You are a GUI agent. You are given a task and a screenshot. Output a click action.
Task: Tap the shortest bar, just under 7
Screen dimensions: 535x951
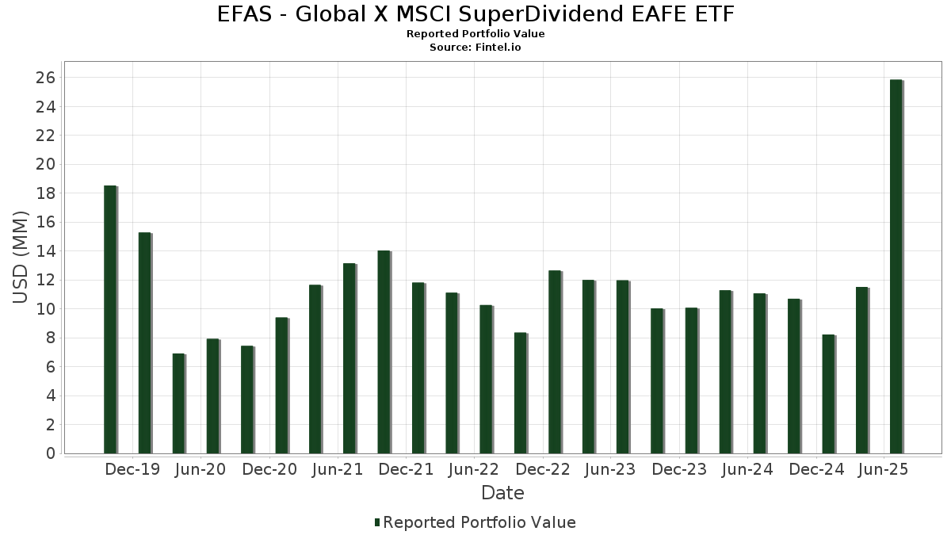(x=178, y=403)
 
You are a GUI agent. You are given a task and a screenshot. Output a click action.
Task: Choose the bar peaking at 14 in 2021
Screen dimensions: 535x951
(x=384, y=352)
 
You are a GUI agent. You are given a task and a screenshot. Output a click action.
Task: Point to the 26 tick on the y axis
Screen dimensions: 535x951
(x=44, y=78)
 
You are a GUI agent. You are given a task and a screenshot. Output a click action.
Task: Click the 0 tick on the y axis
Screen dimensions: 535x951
(x=50, y=453)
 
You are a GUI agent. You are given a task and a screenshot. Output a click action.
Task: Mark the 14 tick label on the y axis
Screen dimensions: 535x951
(x=44, y=251)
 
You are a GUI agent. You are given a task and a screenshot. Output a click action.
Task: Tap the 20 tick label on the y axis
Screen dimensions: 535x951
(x=44, y=164)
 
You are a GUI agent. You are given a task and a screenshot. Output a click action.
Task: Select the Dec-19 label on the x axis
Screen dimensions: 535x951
(x=132, y=469)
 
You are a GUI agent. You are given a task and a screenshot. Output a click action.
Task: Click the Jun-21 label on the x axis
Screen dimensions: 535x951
(x=338, y=469)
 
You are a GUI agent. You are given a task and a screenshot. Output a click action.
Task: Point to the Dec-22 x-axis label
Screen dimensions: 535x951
(x=543, y=469)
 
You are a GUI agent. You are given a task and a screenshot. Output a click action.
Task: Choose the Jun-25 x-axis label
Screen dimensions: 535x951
(x=884, y=469)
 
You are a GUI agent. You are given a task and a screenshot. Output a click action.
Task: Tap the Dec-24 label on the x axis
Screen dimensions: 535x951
(x=816, y=469)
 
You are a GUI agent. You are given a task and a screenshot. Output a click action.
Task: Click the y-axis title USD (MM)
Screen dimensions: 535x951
(x=21, y=258)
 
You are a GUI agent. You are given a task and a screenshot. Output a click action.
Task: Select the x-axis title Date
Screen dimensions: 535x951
(x=502, y=493)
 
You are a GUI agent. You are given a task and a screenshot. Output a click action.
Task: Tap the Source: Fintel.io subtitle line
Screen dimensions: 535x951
(x=475, y=48)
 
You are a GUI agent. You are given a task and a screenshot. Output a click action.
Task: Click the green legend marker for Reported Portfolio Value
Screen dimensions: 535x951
(x=377, y=522)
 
